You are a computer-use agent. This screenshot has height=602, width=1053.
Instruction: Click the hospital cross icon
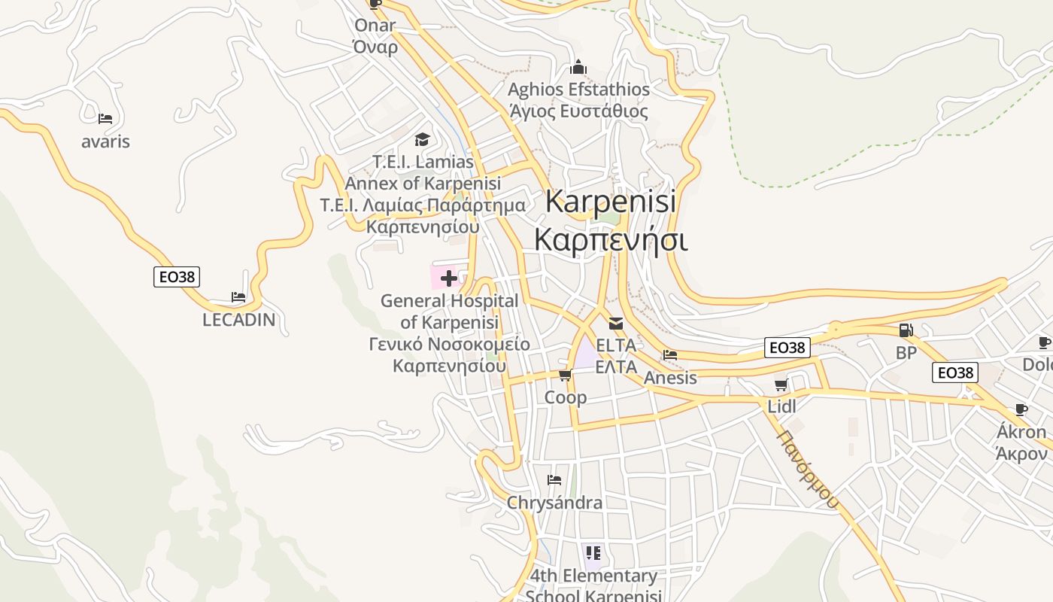[x=449, y=278]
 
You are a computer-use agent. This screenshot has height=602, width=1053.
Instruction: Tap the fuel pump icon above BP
[x=906, y=330]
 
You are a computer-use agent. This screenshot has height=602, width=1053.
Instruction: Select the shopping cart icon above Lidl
[x=781, y=385]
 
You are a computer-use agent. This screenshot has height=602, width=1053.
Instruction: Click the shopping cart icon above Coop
[x=565, y=375]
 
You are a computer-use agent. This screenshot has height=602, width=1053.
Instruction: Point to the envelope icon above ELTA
[x=616, y=324]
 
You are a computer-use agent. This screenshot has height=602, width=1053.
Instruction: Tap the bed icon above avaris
[x=105, y=119]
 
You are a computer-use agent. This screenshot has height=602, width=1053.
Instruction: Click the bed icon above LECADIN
[x=238, y=297]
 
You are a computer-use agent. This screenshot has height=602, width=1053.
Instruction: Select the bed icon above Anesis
[x=670, y=355]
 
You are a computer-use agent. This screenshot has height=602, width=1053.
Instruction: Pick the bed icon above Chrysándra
[x=554, y=480]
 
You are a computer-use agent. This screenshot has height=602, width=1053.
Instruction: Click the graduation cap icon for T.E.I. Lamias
[x=423, y=139]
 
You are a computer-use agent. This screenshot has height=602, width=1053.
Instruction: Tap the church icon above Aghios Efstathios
[x=578, y=67]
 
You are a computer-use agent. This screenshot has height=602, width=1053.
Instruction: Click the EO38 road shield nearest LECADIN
[x=178, y=277]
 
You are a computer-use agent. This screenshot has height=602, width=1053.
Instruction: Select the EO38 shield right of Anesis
[x=787, y=348]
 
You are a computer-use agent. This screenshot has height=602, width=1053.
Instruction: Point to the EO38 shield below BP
[x=954, y=372]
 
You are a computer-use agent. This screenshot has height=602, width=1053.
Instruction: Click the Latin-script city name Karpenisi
[x=610, y=201]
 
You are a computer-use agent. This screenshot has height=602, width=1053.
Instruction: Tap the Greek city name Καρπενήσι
[x=610, y=240]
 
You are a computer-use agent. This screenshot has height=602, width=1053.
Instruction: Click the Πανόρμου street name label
[x=808, y=470]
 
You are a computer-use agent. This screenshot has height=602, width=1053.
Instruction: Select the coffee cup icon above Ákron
[x=1021, y=410]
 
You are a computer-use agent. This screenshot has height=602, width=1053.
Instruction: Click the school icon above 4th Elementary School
[x=593, y=554]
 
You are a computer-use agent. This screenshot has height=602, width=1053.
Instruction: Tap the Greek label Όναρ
[x=375, y=47]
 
